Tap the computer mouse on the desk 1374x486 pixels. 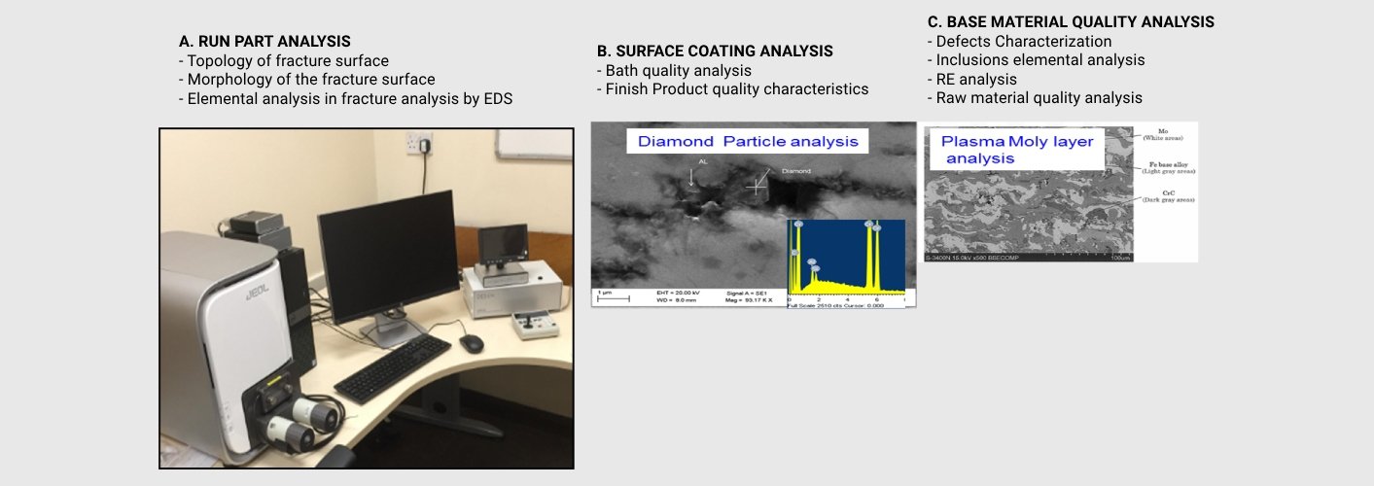pos(471,343)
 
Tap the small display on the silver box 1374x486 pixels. pos(503,236)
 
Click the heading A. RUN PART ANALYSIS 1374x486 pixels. pos(264,42)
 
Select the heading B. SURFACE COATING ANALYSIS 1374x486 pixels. pos(715,52)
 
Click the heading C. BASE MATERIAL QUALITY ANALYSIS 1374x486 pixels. pos(1071,21)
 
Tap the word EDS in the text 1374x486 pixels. pos(497,98)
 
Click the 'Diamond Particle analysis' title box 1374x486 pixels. pos(748,141)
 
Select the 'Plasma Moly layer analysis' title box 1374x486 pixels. pos(1017,150)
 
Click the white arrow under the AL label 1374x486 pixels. pos(691,176)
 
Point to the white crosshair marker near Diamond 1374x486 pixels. pos(756,184)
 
